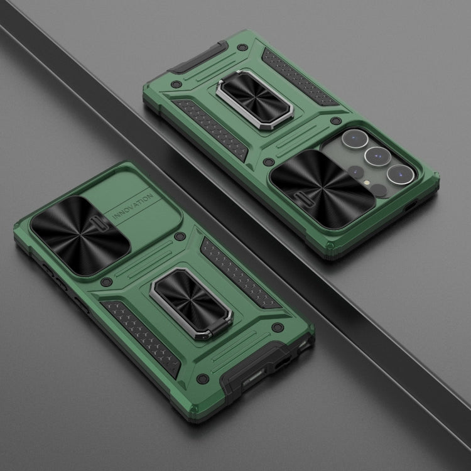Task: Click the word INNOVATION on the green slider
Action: pos(133,207)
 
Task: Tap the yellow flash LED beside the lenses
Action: pos(367,182)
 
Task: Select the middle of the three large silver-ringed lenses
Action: pos(377,156)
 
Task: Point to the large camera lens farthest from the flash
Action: pos(355,139)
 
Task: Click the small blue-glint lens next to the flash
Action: pos(356,172)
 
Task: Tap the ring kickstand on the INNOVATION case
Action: pos(192,303)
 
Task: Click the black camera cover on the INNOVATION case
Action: pos(80,235)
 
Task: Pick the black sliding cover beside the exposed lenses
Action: pos(322,189)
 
